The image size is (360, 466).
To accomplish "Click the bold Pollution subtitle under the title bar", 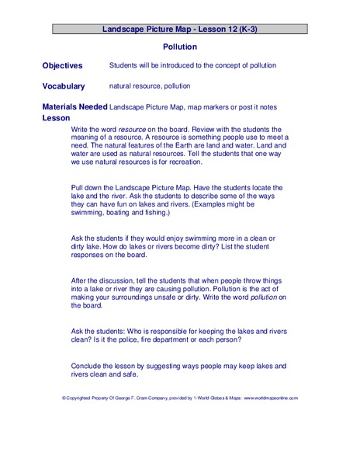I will point(180,47).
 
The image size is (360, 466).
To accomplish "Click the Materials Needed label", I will point(75,106).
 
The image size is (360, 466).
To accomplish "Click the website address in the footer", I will point(270,398).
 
